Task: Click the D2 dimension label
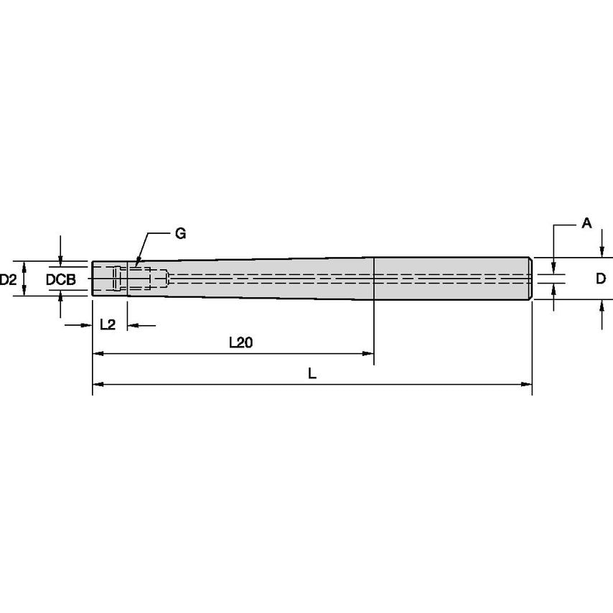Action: [x=8, y=279]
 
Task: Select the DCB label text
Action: [x=61, y=279]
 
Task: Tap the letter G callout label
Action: [x=179, y=233]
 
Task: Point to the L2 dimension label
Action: [x=108, y=324]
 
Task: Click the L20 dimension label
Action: [x=240, y=343]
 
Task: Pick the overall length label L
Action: [x=312, y=373]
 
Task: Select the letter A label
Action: [x=586, y=223]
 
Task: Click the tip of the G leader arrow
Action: [x=134, y=266]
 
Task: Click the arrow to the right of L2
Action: [x=132, y=326]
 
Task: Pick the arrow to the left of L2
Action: [x=87, y=326]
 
